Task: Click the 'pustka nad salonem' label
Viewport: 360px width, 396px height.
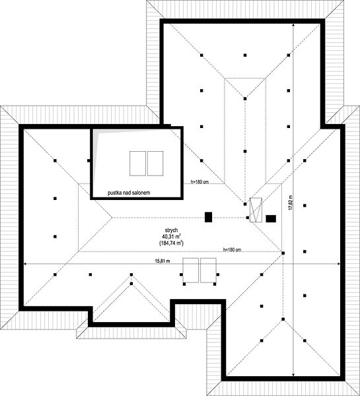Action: pyautogui.click(x=129, y=193)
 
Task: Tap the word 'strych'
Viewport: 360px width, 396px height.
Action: pyautogui.click(x=171, y=230)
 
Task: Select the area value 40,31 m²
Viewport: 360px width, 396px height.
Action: pyautogui.click(x=171, y=236)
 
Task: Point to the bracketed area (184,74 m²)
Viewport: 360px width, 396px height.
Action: pyautogui.click(x=171, y=243)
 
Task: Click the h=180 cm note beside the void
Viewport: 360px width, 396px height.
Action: pyautogui.click(x=199, y=181)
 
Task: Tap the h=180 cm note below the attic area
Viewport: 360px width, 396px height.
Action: pyautogui.click(x=232, y=249)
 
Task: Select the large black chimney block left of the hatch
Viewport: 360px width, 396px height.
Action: pyautogui.click(x=208, y=217)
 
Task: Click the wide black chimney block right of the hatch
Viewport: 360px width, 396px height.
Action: pyautogui.click(x=271, y=218)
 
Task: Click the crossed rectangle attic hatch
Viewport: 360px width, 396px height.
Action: pyautogui.click(x=256, y=210)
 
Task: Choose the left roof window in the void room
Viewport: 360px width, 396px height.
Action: pyautogui.click(x=138, y=164)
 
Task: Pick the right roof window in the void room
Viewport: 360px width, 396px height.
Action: pyautogui.click(x=155, y=164)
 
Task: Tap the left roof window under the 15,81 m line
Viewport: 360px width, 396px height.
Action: pyautogui.click(x=191, y=270)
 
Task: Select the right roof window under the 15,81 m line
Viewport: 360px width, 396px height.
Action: pyautogui.click(x=208, y=270)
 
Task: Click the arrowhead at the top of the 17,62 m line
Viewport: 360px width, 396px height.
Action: pyautogui.click(x=293, y=26)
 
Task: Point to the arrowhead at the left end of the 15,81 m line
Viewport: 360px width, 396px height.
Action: pyautogui.click(x=25, y=264)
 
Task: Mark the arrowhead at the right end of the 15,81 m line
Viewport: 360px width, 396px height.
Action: pyautogui.click(x=338, y=264)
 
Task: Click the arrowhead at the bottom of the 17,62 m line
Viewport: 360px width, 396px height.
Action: pyautogui.click(x=293, y=374)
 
